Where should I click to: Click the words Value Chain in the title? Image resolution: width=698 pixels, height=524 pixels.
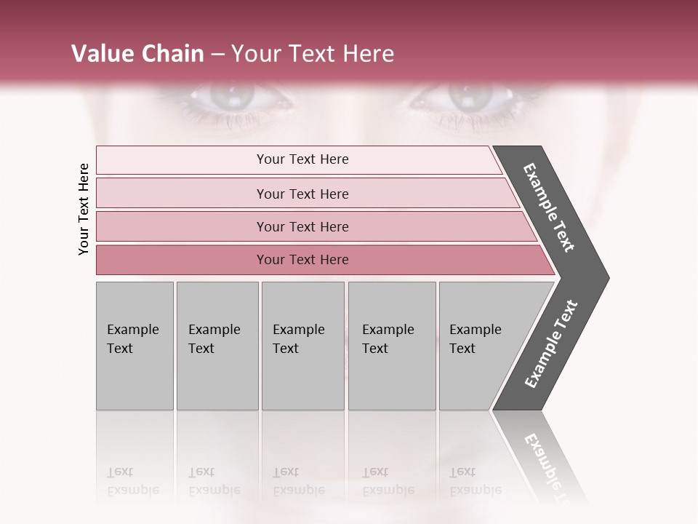(x=137, y=54)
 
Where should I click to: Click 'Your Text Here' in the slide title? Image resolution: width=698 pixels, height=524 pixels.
(x=313, y=54)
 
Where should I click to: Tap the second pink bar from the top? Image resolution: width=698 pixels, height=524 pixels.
(x=302, y=194)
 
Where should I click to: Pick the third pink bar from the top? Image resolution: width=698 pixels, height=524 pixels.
(x=302, y=226)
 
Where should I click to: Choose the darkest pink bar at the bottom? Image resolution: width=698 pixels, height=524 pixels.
(x=302, y=260)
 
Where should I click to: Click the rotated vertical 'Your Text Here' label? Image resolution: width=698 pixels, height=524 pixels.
(x=84, y=209)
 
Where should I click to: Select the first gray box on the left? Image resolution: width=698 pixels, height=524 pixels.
(x=135, y=346)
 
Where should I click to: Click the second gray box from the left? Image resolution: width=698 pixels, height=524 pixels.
(x=217, y=346)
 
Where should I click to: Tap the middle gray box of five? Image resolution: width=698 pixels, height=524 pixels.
(x=302, y=346)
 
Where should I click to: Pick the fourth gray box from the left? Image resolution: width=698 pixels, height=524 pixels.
(x=392, y=346)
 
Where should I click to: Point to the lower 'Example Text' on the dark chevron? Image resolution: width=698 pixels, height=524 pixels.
(x=551, y=344)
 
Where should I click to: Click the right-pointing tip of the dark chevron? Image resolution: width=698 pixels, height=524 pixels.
(x=604, y=278)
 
